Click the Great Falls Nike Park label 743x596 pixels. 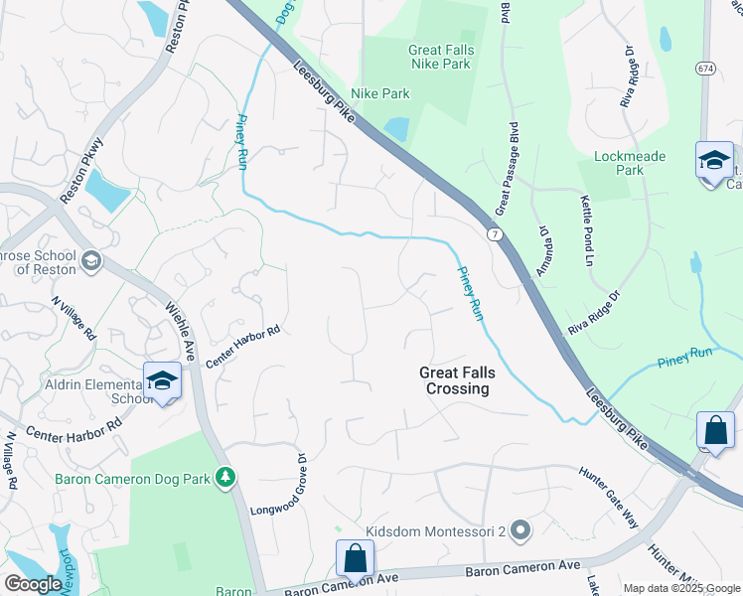(x=441, y=57)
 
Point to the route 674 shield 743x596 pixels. (x=705, y=68)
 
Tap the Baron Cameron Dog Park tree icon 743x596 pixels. (x=226, y=478)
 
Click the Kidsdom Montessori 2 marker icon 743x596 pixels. (x=519, y=531)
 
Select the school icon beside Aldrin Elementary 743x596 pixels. (x=162, y=381)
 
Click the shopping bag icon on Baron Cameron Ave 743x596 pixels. (x=355, y=560)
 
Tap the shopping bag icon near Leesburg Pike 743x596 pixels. (x=715, y=431)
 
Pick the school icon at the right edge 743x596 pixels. (x=714, y=161)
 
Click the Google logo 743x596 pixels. (x=33, y=584)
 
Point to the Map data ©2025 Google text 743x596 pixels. (x=680, y=588)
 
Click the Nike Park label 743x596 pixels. (x=381, y=94)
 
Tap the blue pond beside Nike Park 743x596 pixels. (x=395, y=129)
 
